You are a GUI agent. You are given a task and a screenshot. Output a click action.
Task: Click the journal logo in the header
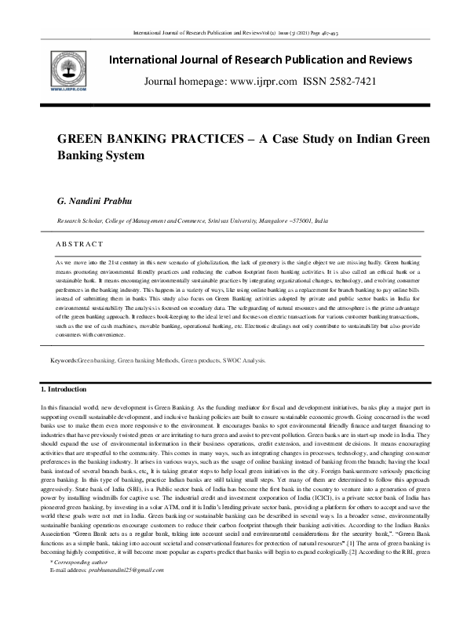(67, 71)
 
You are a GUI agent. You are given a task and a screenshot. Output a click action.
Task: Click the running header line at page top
(233, 33)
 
